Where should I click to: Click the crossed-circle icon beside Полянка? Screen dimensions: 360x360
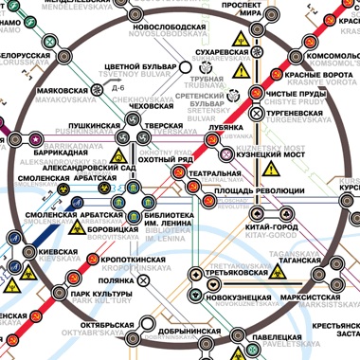(x=143, y=280)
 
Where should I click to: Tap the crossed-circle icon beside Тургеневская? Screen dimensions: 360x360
(x=257, y=113)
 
